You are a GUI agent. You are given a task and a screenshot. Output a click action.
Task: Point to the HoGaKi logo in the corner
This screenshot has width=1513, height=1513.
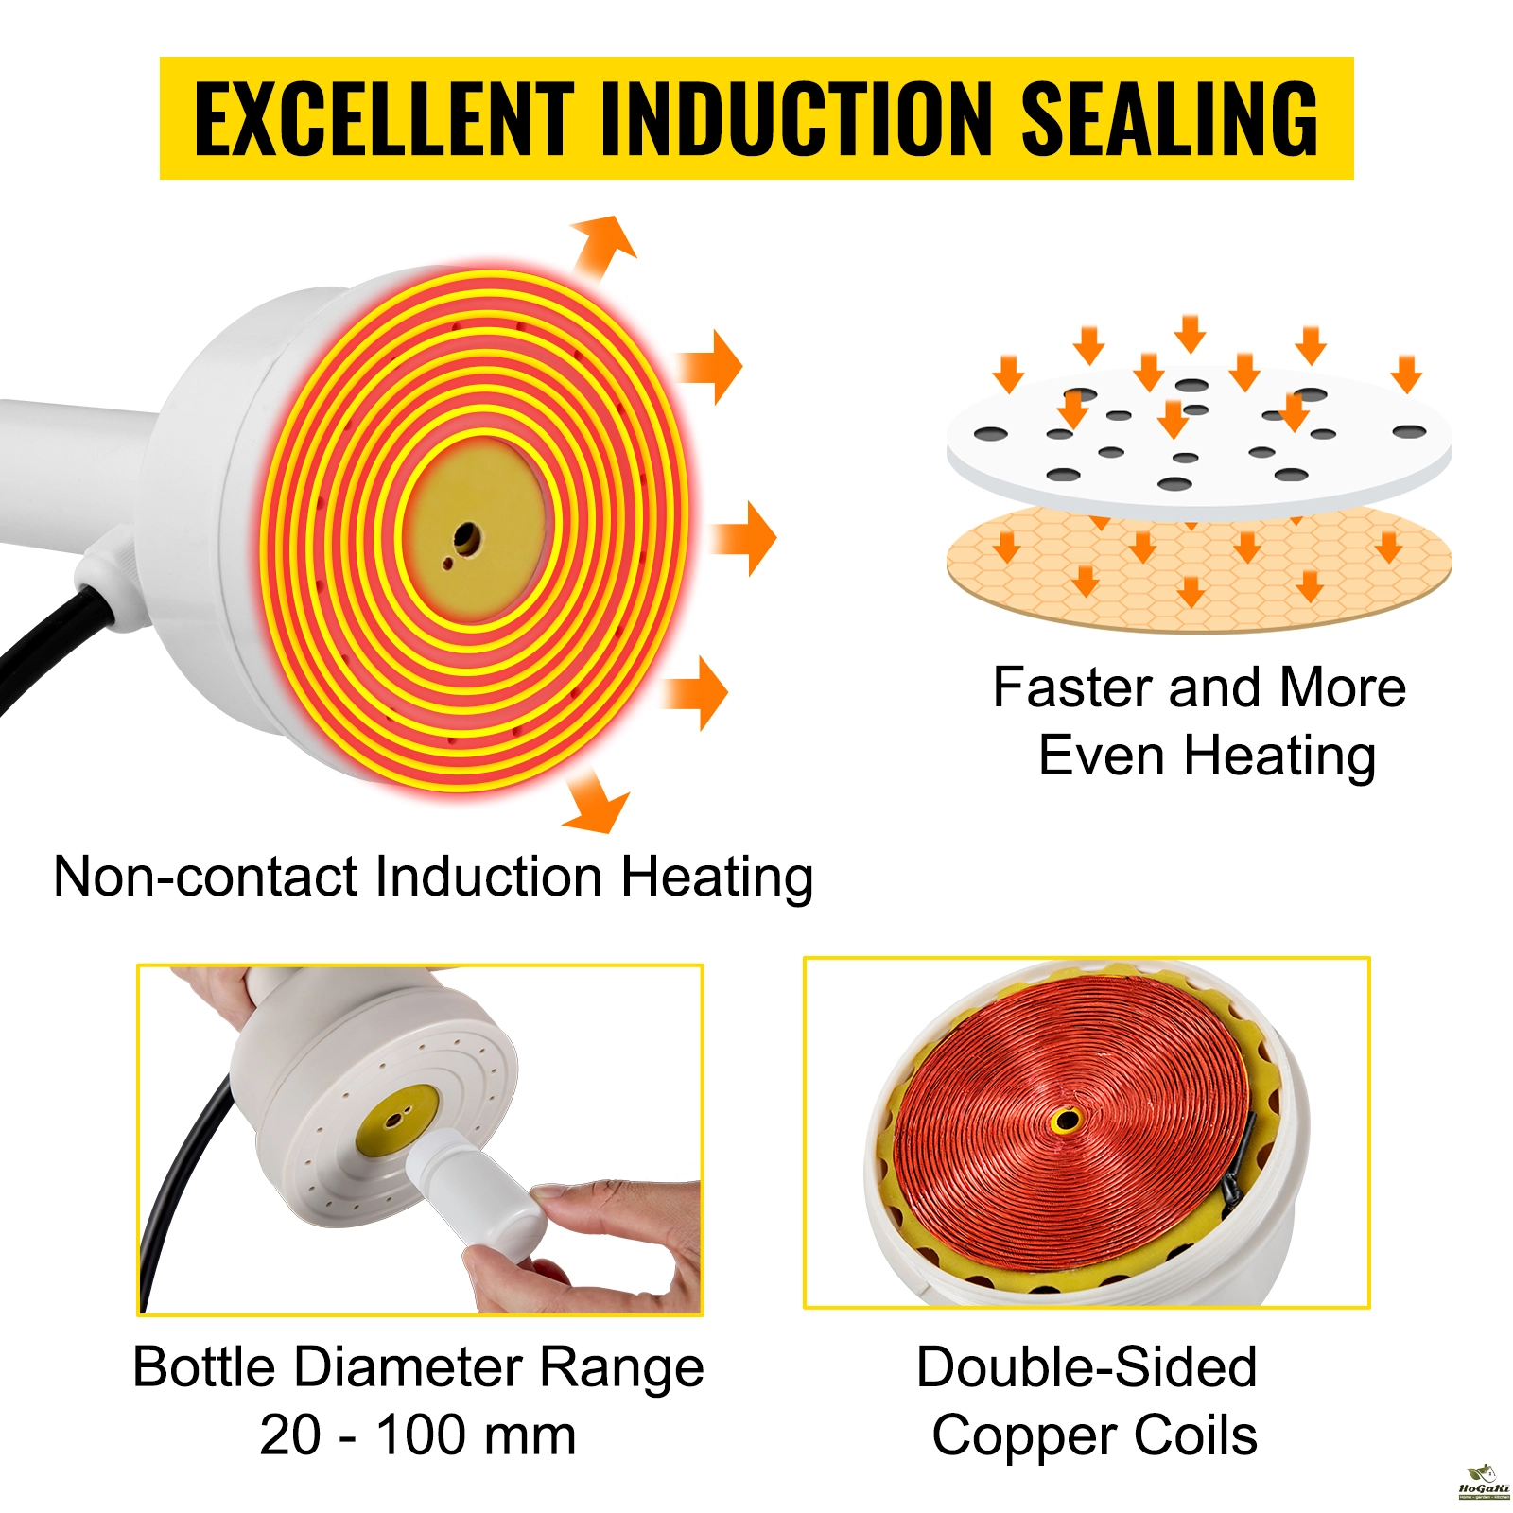tap(1483, 1482)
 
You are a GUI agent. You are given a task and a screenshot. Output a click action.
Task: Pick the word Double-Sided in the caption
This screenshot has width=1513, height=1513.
tap(1087, 1366)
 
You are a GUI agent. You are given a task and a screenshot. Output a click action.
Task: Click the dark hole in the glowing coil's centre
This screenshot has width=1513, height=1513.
tap(465, 540)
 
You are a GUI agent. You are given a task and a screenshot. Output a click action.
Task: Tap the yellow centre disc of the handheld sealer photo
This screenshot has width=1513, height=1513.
tap(397, 1121)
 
